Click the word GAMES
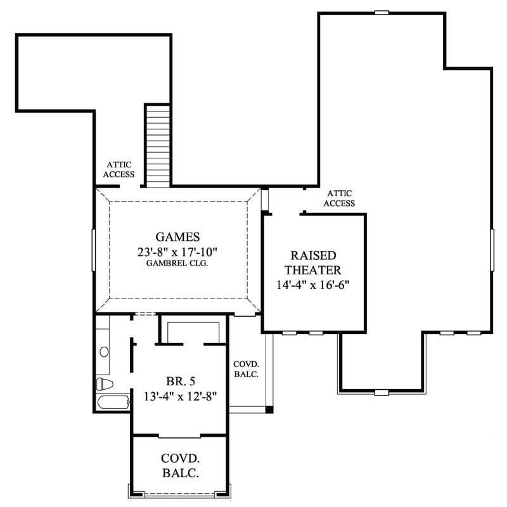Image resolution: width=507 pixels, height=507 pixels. click(x=178, y=237)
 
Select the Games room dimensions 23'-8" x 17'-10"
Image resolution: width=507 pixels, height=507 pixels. click(x=178, y=251)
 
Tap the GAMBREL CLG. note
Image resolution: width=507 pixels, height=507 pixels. click(x=178, y=263)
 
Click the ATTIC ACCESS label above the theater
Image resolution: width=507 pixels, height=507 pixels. click(x=339, y=198)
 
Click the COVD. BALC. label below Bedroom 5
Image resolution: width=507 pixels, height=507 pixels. click(x=180, y=465)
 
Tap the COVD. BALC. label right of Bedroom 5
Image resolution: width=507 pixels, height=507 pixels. click(x=246, y=369)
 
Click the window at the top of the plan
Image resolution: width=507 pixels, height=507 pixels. click(x=382, y=12)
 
